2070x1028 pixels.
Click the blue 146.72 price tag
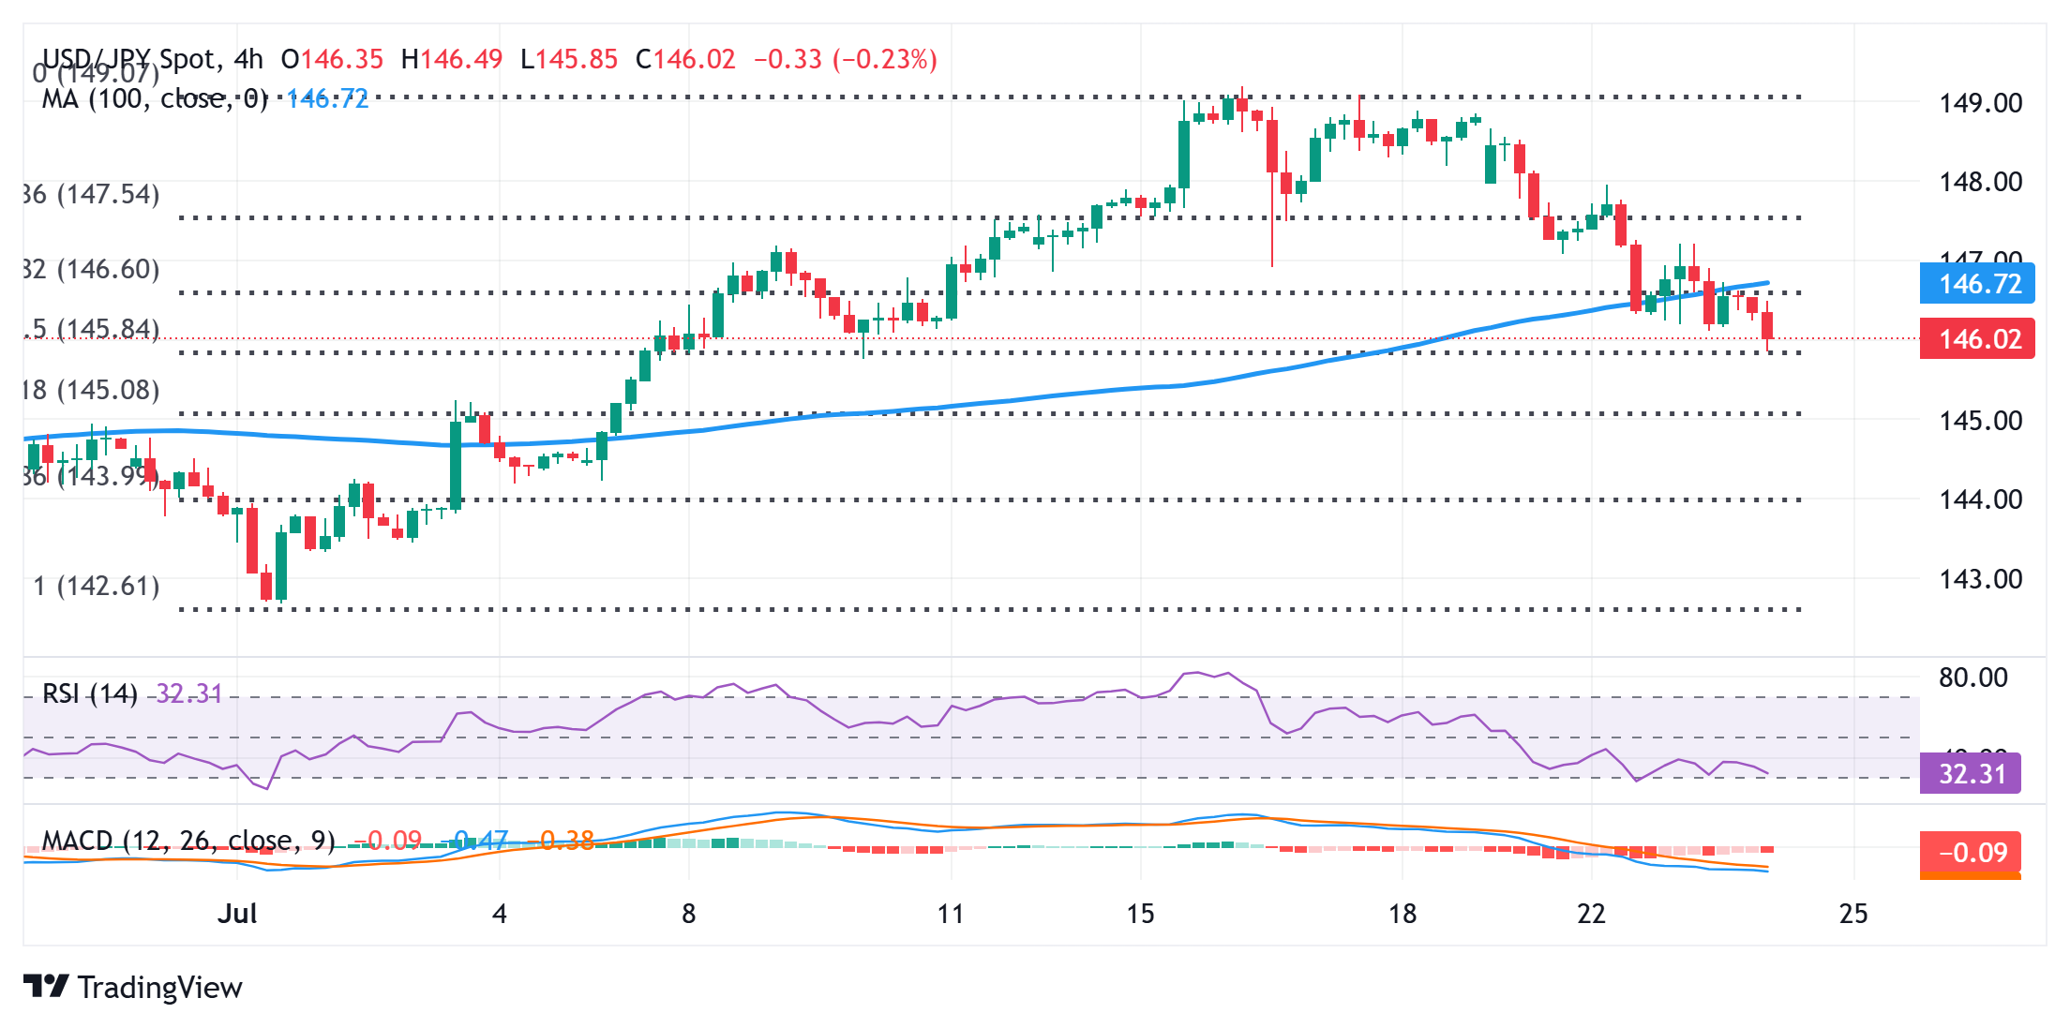pos(1977,284)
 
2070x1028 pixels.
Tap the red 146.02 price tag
pos(1977,339)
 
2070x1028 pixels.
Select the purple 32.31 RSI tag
pos(1971,774)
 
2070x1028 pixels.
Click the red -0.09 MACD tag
pos(1971,853)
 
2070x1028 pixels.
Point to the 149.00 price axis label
pos(1980,103)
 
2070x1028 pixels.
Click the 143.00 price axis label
pos(1980,579)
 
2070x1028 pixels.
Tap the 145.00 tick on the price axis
pos(1980,421)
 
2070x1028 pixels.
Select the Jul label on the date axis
pos(237,914)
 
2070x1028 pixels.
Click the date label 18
pos(1402,914)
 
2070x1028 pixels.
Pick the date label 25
pos(1853,914)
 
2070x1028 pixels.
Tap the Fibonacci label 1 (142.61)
pos(97,587)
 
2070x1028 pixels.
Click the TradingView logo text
pos(159,988)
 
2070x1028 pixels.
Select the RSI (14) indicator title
pos(90,694)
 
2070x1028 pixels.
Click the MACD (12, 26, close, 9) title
pos(188,841)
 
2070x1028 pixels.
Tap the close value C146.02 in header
pos(685,60)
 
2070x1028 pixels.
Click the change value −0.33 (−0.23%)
pos(846,60)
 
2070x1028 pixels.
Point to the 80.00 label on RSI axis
pos(1972,678)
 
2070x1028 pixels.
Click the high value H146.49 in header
pos(452,60)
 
